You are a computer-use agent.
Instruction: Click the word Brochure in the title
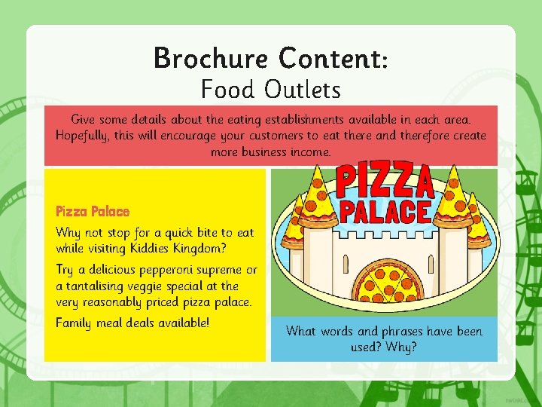click(x=210, y=58)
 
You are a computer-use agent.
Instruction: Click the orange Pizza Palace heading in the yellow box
click(x=93, y=212)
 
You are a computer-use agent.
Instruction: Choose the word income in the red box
click(x=310, y=152)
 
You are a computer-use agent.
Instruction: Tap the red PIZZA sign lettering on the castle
click(x=384, y=179)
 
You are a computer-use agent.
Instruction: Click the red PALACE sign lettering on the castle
click(x=385, y=211)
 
